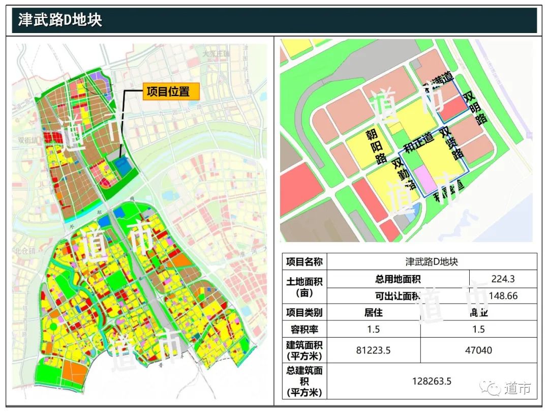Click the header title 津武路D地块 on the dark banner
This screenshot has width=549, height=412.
click(60, 20)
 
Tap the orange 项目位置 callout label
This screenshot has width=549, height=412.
click(170, 92)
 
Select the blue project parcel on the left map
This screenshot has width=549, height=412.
click(123, 166)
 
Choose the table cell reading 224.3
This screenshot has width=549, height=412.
click(503, 278)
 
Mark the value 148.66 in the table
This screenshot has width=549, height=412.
click(503, 296)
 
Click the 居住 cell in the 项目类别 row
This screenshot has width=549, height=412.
click(373, 312)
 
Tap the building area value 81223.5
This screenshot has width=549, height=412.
click(373, 350)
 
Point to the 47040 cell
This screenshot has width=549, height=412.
click(478, 350)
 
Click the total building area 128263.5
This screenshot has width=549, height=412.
click(432, 381)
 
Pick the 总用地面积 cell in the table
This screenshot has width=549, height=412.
click(398, 278)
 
